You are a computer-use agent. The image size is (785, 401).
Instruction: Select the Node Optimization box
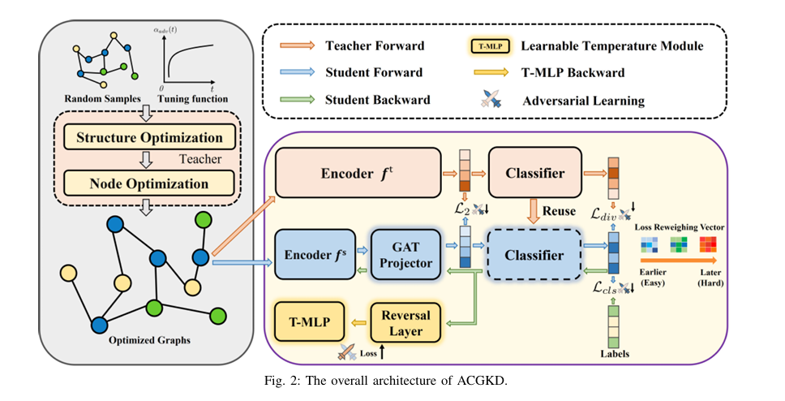(x=148, y=183)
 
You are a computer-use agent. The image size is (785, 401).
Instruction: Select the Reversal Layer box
(x=406, y=321)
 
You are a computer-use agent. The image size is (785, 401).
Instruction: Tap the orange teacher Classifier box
(x=535, y=172)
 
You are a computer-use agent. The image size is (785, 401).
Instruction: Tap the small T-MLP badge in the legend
(x=490, y=46)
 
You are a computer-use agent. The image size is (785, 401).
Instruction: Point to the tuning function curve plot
(x=191, y=61)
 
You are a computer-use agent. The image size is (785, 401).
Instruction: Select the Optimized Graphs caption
(x=149, y=338)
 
